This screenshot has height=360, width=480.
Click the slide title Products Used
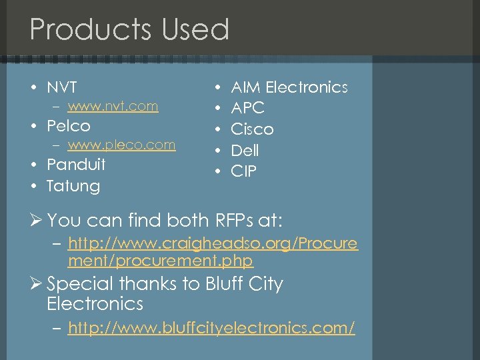click(129, 30)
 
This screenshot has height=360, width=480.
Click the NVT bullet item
click(61, 87)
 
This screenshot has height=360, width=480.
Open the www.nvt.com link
click(113, 106)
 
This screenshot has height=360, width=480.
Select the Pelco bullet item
click(68, 125)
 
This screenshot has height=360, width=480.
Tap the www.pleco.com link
click(121, 145)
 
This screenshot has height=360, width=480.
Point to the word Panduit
click(75, 164)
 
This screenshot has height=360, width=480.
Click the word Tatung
click(73, 185)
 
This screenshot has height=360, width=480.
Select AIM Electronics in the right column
click(289, 87)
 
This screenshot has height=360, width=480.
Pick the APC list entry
click(247, 108)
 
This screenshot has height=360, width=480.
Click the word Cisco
click(251, 129)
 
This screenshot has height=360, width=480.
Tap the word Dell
click(244, 151)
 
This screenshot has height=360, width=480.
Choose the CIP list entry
click(243, 171)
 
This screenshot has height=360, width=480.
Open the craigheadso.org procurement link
click(212, 253)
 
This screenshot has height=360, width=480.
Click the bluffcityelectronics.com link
click(211, 328)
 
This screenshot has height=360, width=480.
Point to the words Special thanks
click(107, 284)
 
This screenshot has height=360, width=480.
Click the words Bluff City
click(246, 284)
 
